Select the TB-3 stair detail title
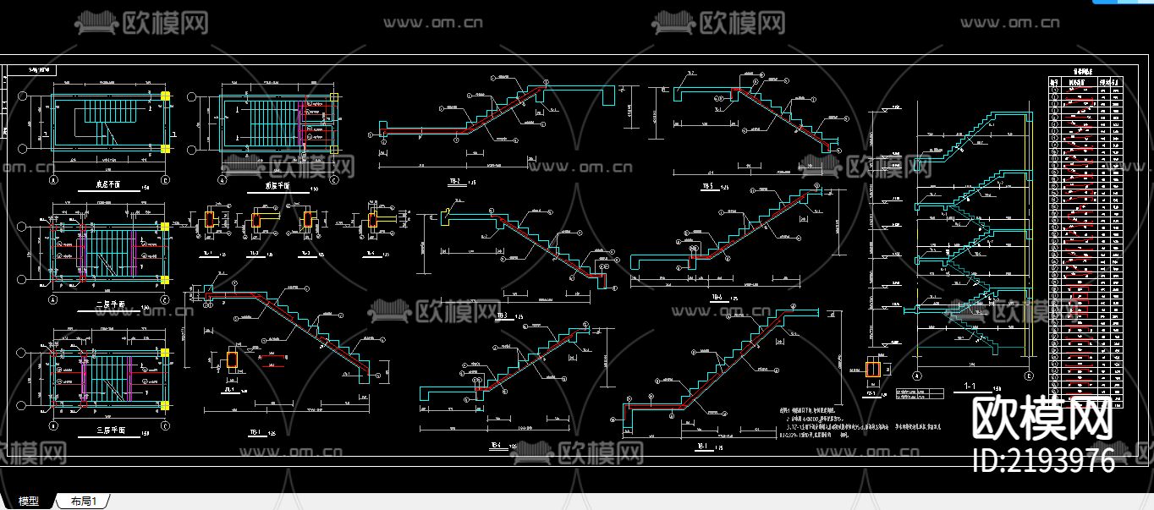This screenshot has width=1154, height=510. coord(503,315)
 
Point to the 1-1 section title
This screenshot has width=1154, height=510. coord(970,387)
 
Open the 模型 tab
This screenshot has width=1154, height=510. coord(29,502)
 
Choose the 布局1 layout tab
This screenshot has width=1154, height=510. coord(84,502)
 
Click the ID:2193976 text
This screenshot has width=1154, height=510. coord(1045,461)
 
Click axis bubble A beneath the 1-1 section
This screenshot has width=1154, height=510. coord(917,376)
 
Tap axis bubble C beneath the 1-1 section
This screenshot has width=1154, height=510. coord(1029,376)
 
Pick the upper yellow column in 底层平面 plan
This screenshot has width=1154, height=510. coord(166,96)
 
